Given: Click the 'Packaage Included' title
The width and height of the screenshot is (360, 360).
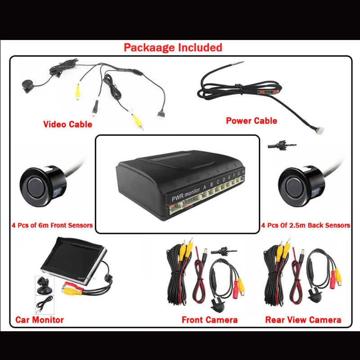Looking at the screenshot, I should (173, 47).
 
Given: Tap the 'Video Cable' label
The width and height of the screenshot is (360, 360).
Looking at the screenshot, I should (67, 124).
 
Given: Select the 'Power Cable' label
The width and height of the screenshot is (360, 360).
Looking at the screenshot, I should (251, 121).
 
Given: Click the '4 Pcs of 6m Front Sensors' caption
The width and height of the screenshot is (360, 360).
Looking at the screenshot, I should (52, 225).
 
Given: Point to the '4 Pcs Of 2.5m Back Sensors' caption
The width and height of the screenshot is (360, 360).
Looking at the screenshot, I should (306, 225).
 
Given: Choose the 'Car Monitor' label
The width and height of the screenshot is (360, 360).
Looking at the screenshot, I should (40, 320).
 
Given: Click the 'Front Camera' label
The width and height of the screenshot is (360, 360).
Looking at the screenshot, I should (209, 320).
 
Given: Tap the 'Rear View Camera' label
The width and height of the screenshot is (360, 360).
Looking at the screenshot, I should (303, 320).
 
